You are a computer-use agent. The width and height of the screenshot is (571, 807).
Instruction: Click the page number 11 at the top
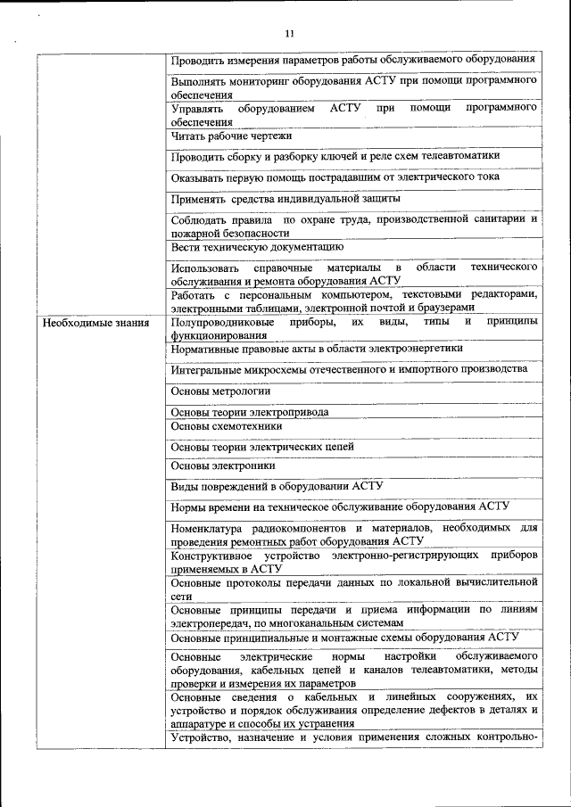point(288,34)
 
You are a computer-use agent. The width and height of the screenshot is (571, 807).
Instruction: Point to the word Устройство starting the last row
point(201,737)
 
